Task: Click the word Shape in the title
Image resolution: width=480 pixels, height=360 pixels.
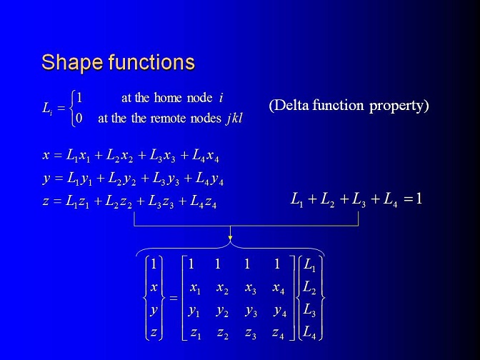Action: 73,63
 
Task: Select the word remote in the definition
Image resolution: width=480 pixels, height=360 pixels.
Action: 169,119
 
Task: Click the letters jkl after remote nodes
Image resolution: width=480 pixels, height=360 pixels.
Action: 234,119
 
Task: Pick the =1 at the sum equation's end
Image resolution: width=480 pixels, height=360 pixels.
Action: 413,199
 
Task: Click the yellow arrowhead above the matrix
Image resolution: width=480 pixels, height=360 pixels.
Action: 230,238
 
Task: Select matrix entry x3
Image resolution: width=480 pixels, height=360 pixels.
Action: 251,289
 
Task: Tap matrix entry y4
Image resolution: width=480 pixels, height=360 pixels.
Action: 280,312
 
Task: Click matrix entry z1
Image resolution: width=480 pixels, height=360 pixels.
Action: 195,333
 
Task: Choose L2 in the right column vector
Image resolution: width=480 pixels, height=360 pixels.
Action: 309,288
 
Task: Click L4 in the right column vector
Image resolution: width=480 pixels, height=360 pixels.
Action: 309,333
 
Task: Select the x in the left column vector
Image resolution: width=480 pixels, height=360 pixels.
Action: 154,287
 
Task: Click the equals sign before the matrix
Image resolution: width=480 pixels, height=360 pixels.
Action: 174,298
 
